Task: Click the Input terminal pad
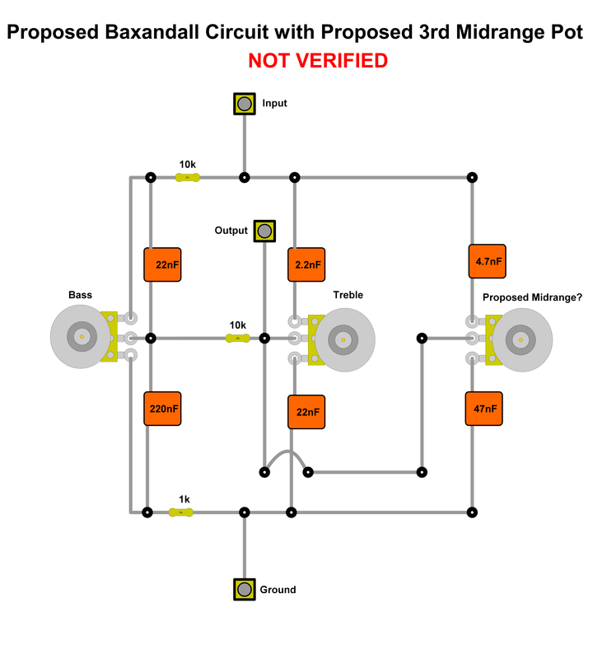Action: coord(244,104)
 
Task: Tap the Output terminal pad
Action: coord(264,231)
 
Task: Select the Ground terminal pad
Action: coord(244,590)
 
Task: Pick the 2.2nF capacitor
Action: coord(306,265)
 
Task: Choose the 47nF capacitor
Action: coord(484,408)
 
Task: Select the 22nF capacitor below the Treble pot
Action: coord(306,412)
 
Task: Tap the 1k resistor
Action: coord(181,512)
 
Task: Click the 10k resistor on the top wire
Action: coord(188,178)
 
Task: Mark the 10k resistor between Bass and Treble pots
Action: coord(237,338)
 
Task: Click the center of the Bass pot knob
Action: coord(82,336)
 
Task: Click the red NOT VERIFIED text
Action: coord(317,60)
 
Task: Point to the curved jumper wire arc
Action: coord(286,454)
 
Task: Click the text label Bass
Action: coord(80,295)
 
